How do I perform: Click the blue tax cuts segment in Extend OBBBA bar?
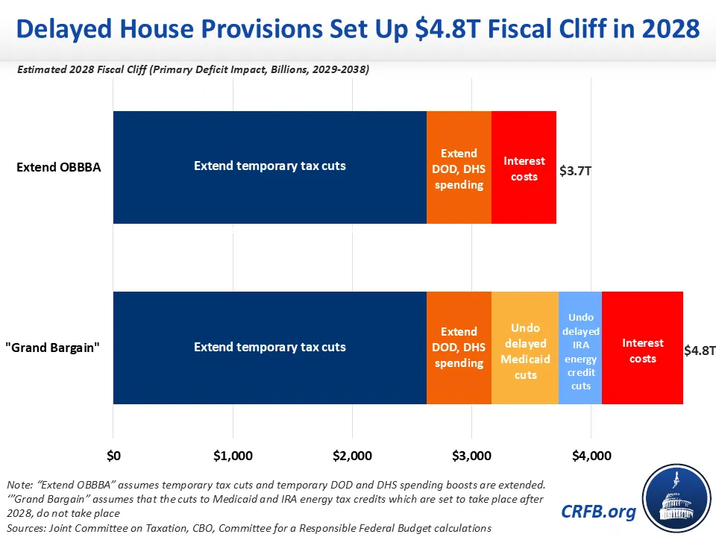(269, 166)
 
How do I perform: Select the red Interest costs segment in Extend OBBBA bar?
(524, 168)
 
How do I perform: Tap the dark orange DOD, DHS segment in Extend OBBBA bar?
(459, 168)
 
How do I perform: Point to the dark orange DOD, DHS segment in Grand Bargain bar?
(459, 348)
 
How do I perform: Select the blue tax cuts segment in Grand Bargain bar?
(269, 348)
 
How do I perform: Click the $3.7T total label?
(575, 171)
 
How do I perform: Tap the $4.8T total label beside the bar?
(700, 351)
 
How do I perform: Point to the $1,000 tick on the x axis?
(233, 455)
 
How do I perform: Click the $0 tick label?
(113, 455)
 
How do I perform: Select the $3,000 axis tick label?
(472, 455)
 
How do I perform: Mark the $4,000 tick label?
(591, 455)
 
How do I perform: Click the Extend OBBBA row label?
(58, 166)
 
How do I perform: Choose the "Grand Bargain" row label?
(57, 348)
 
